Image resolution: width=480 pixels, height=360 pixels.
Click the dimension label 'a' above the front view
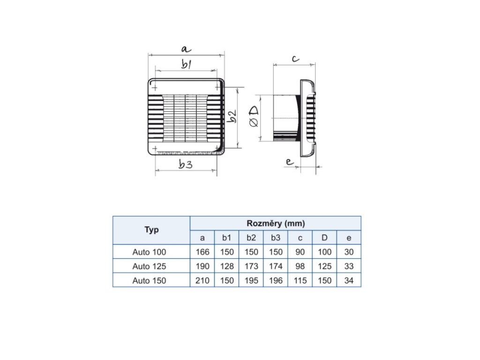click(186, 49)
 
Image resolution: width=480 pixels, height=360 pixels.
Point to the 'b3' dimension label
click(186, 164)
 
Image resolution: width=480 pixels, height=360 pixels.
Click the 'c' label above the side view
click(295, 59)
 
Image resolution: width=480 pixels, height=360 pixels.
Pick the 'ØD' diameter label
click(253, 116)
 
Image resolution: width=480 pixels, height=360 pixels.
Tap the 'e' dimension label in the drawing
click(289, 162)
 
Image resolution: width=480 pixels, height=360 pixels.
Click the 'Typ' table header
click(151, 230)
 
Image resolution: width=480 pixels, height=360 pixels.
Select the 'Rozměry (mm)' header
click(276, 223)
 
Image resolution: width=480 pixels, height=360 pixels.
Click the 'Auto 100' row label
click(149, 252)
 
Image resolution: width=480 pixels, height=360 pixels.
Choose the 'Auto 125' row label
click(149, 266)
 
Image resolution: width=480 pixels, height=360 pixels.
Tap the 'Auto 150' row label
click(149, 280)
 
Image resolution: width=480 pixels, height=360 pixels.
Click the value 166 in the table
click(202, 252)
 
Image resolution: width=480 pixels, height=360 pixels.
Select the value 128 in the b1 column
click(227, 266)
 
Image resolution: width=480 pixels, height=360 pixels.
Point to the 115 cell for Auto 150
click(300, 280)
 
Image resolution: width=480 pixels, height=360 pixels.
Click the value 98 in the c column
click(300, 266)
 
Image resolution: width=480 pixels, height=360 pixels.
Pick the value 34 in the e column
click(349, 280)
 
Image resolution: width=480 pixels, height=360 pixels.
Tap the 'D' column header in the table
click(324, 238)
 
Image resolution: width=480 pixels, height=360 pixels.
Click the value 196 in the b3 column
click(276, 280)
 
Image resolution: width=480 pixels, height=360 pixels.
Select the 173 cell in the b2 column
click(251, 266)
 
